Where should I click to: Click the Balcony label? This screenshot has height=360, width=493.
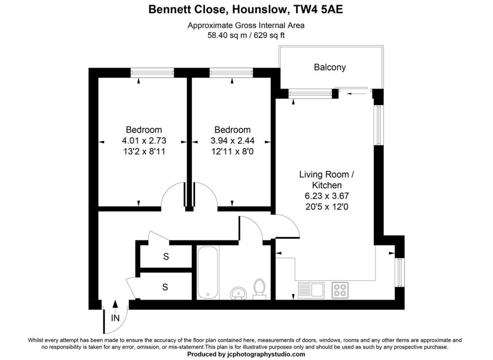pos(330,67)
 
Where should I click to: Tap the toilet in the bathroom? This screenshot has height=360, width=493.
pos(259,288)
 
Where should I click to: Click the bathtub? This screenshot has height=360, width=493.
pos(208,272)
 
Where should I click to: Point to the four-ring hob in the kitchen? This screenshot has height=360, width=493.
pos(340,289)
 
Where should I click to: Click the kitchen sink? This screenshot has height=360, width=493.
pos(311,289)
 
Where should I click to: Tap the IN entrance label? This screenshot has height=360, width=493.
pos(115,318)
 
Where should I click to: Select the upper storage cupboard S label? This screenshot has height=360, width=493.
pos(166,257)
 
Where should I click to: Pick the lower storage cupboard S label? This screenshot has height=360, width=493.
pos(165,287)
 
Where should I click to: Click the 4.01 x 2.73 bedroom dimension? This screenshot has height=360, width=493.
pos(143,141)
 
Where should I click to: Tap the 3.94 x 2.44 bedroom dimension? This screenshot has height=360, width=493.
pos(233,141)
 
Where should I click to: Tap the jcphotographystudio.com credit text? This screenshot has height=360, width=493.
pos(266,354)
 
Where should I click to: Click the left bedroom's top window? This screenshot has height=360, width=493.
pos(152,72)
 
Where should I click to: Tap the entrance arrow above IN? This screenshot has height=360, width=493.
pos(115,304)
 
